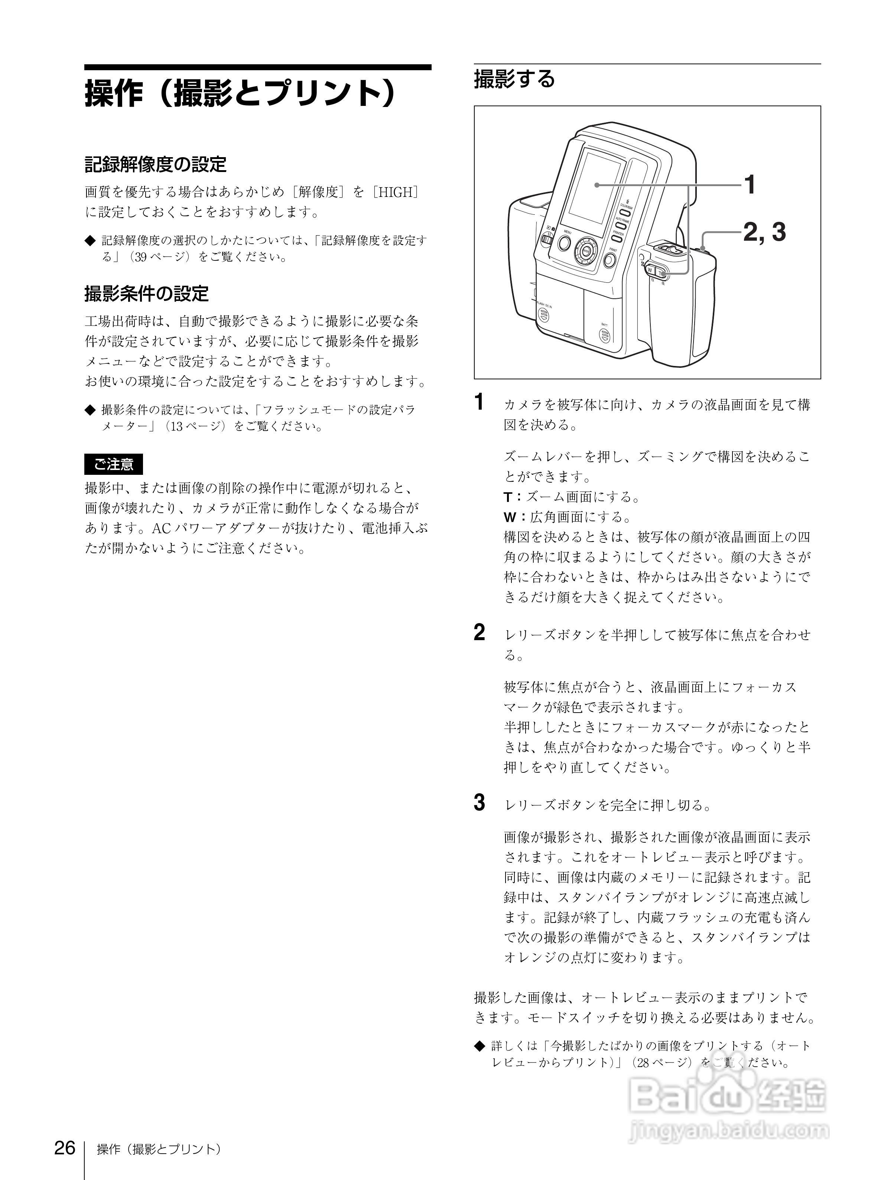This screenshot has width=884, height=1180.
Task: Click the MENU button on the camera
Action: pos(565,244)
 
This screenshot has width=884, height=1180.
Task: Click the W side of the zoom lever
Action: pos(650,270)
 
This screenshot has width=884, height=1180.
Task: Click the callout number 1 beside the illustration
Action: pos(750,185)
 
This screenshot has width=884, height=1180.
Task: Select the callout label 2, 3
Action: pos(764,231)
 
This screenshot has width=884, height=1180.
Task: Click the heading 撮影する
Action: pos(514,79)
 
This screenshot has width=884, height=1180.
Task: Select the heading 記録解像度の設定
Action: pos(156,164)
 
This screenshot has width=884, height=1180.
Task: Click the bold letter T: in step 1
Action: pos(512,497)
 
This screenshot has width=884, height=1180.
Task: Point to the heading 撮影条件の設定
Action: pos(147,294)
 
